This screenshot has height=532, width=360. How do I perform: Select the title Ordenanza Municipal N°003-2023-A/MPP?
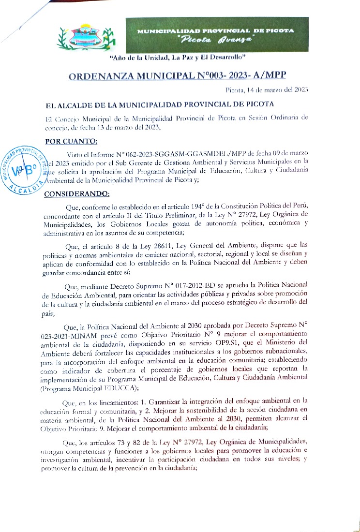point(177,76)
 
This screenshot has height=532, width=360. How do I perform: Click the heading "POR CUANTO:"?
point(71,141)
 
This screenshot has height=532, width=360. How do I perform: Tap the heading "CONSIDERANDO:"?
point(77,194)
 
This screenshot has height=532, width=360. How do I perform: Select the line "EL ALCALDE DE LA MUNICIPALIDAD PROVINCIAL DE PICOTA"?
point(160,104)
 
